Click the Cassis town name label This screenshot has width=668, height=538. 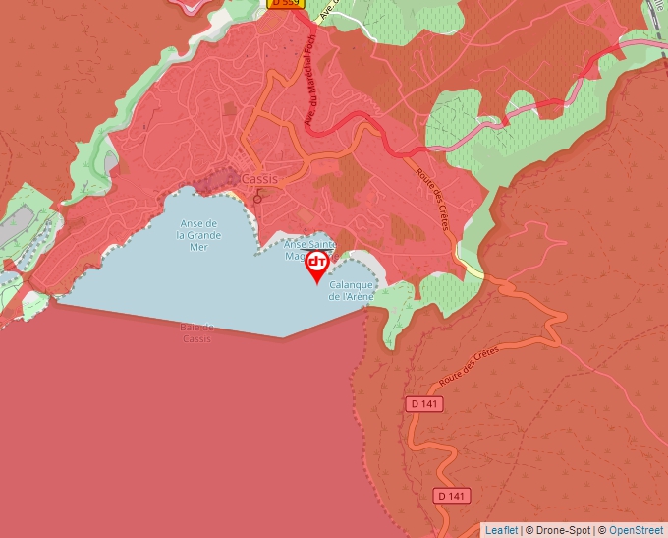click(x=259, y=179)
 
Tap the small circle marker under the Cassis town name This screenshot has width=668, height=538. click(x=258, y=199)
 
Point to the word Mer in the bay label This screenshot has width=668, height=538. click(x=198, y=247)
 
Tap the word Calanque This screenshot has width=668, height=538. click(x=352, y=284)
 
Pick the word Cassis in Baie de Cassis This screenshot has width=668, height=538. click(x=196, y=338)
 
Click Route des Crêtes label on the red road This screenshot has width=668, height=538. click(x=432, y=200)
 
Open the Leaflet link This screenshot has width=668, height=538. click(x=501, y=530)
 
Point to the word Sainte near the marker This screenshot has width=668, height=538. click(x=319, y=244)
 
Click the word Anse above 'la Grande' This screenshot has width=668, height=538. click(x=198, y=223)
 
